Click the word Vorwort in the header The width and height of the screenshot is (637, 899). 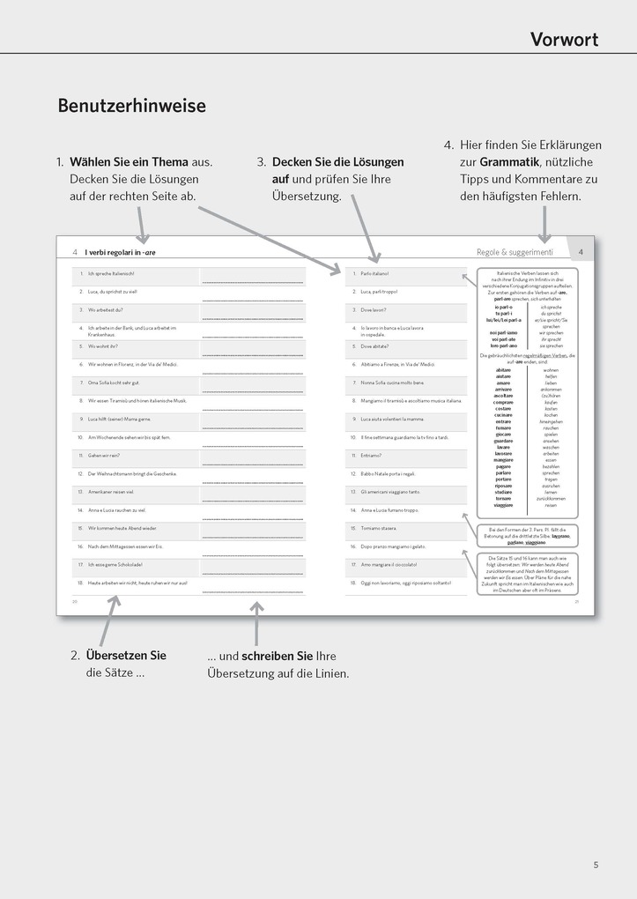[564, 39]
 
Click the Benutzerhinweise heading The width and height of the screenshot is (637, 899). [131, 106]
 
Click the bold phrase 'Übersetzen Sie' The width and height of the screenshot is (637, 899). [125, 656]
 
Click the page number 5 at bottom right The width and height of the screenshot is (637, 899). [596, 866]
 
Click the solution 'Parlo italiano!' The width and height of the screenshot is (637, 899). [374, 274]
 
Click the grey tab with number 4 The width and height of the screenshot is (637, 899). [581, 251]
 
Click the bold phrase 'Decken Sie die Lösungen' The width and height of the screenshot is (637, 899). [337, 162]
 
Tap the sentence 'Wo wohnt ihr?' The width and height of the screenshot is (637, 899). [103, 346]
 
